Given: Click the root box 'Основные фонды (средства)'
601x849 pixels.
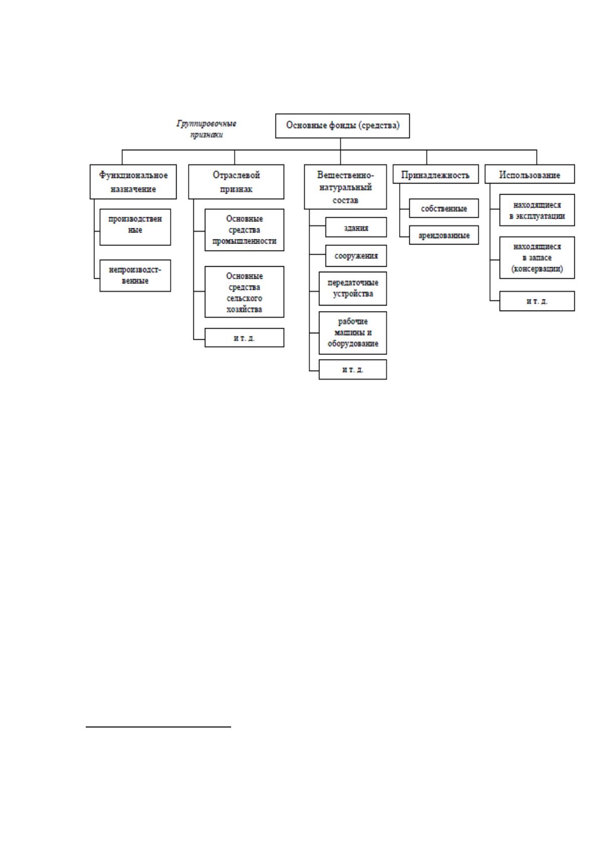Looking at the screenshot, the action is click(342, 126).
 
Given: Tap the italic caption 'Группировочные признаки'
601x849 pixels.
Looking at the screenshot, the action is click(206, 129).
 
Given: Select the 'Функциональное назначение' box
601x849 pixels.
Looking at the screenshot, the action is click(133, 181).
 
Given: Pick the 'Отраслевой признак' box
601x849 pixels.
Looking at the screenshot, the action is click(236, 181).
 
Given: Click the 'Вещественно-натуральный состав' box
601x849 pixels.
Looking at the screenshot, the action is click(345, 187).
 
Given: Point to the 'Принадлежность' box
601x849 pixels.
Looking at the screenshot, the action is click(435, 174).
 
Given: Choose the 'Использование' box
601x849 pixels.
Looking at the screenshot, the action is click(530, 174).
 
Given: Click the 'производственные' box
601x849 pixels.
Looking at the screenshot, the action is click(135, 227).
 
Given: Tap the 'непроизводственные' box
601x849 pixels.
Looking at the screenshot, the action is click(135, 275).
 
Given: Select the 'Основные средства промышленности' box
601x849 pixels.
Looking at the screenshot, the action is click(244, 230).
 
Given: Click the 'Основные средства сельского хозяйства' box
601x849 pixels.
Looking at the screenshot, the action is click(244, 291).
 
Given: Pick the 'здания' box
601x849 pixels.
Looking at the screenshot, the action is click(356, 227).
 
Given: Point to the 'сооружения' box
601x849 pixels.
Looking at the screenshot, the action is click(356, 256).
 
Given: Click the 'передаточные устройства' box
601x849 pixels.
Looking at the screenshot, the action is click(353, 288).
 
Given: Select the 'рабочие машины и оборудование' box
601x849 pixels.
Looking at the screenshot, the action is click(353, 332).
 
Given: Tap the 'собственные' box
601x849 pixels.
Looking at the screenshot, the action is click(444, 208).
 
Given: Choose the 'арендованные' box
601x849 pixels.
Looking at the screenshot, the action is click(444, 235).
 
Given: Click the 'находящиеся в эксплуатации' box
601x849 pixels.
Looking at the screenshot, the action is click(537, 210).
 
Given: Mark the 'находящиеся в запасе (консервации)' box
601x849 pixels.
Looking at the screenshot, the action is click(537, 257).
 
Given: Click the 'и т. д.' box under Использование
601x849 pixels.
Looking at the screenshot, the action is click(537, 301).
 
